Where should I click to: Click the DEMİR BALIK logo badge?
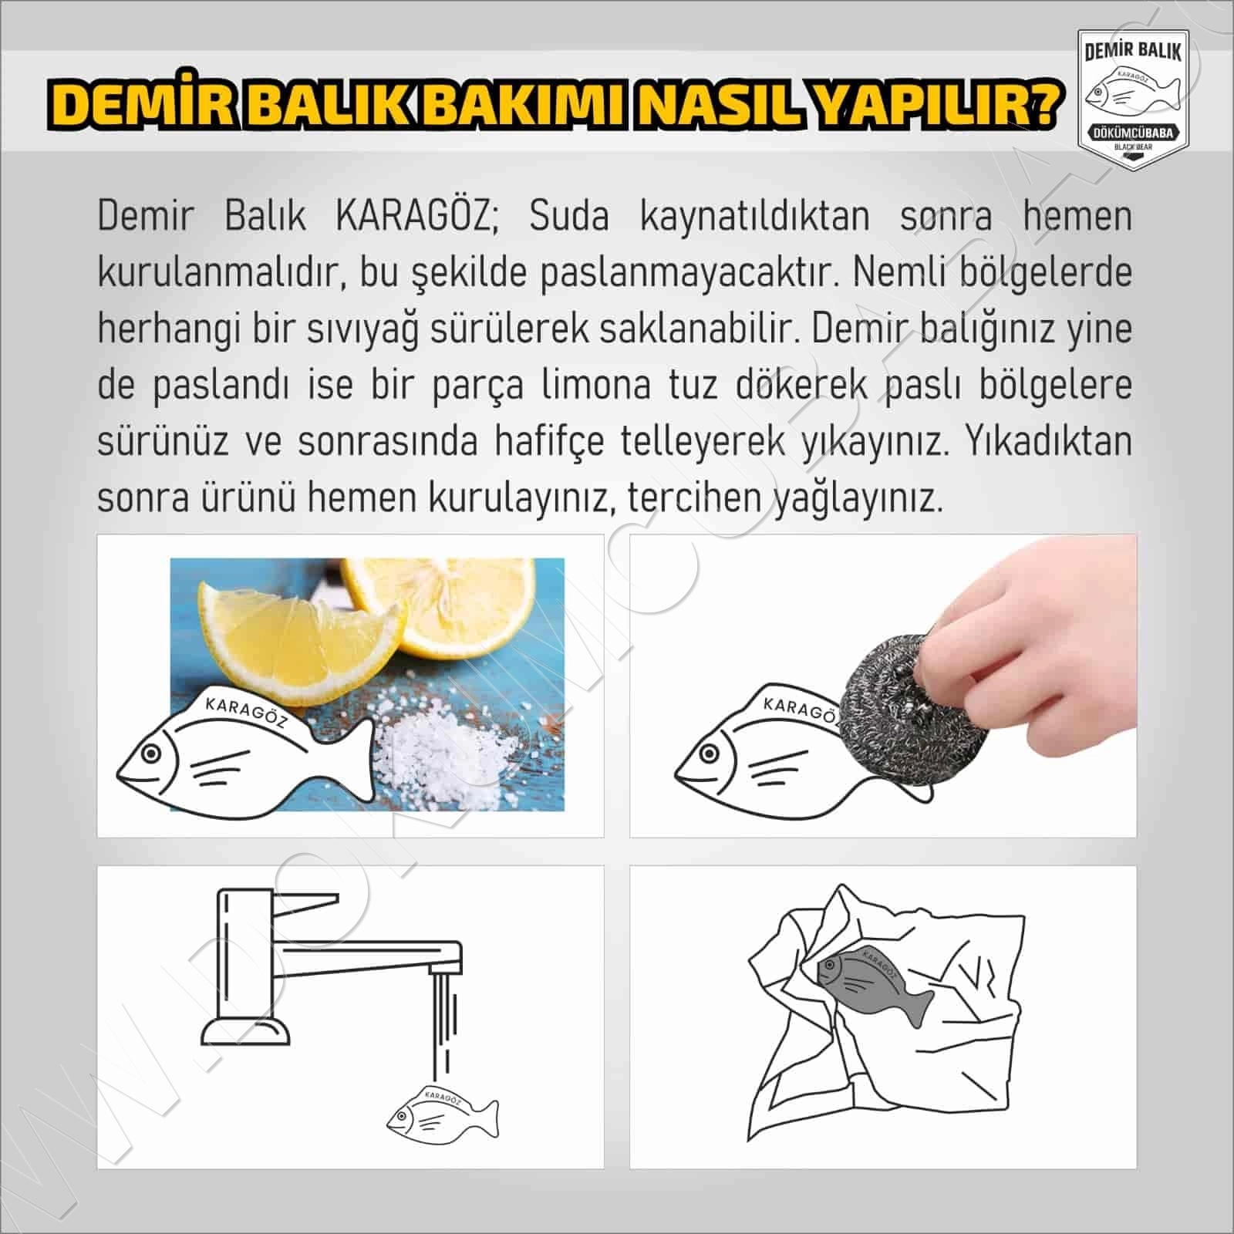tap(1132, 99)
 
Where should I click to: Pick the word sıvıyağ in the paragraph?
tap(363, 329)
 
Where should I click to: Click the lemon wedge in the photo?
tap(301, 632)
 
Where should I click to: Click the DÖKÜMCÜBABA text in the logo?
tap(1132, 133)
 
